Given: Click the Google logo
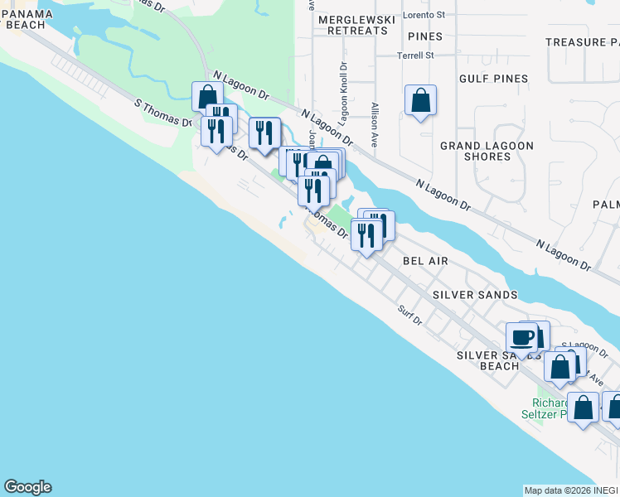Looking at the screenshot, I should tap(27, 487).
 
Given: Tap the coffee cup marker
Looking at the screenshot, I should tap(521, 339).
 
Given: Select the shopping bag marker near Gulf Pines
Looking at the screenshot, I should tap(421, 101).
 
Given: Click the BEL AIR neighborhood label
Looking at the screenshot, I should tap(425, 260).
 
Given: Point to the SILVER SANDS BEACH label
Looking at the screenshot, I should tap(487, 360).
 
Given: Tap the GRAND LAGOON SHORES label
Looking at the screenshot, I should tap(487, 151).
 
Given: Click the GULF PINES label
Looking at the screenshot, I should tap(494, 79).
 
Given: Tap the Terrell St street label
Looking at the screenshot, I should tap(415, 55).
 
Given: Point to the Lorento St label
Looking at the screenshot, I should tap(424, 15).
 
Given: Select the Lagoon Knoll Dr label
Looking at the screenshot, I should tap(344, 92).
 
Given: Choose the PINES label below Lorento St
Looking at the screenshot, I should tap(424, 36).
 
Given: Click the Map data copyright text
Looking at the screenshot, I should tap(570, 490).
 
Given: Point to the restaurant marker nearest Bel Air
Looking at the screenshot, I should tap(366, 236).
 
